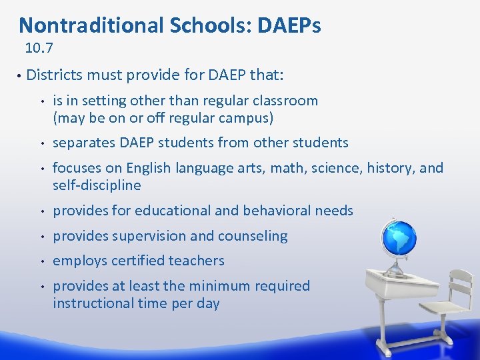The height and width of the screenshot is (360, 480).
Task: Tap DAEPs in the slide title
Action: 289,25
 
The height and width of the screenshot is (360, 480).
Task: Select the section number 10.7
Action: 39,48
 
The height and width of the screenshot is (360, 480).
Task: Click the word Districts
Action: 55,75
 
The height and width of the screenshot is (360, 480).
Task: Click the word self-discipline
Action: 97,185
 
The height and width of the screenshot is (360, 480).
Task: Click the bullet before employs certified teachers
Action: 41,261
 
